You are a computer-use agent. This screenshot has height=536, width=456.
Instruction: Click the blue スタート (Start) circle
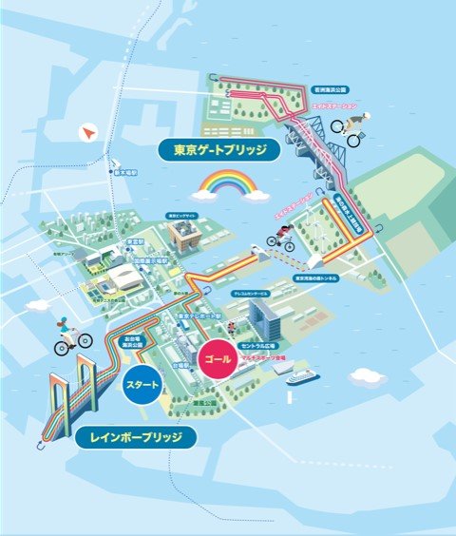pos(142,386)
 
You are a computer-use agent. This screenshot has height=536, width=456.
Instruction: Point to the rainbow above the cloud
pos(224,182)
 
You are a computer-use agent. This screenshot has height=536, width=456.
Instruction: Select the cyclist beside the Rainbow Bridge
pos(72,337)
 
